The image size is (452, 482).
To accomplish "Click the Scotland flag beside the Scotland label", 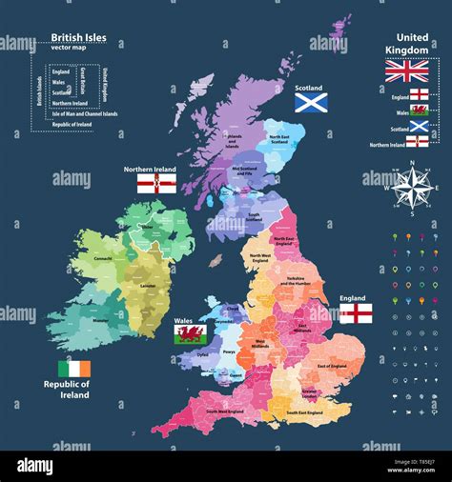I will pyautogui.click(x=311, y=102).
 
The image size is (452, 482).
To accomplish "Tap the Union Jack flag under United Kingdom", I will pyautogui.click(x=406, y=70).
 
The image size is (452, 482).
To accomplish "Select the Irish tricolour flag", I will pyautogui.click(x=72, y=369).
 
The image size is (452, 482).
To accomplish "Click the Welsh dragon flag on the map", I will pyautogui.click(x=188, y=333).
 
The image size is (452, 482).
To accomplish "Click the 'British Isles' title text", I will pyautogui.click(x=78, y=38).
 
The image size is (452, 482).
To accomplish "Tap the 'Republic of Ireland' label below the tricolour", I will pyautogui.click(x=72, y=390).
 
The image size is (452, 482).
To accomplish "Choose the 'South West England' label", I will pyautogui.click(x=220, y=411).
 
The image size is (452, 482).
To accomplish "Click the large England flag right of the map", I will pyautogui.click(x=356, y=313).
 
